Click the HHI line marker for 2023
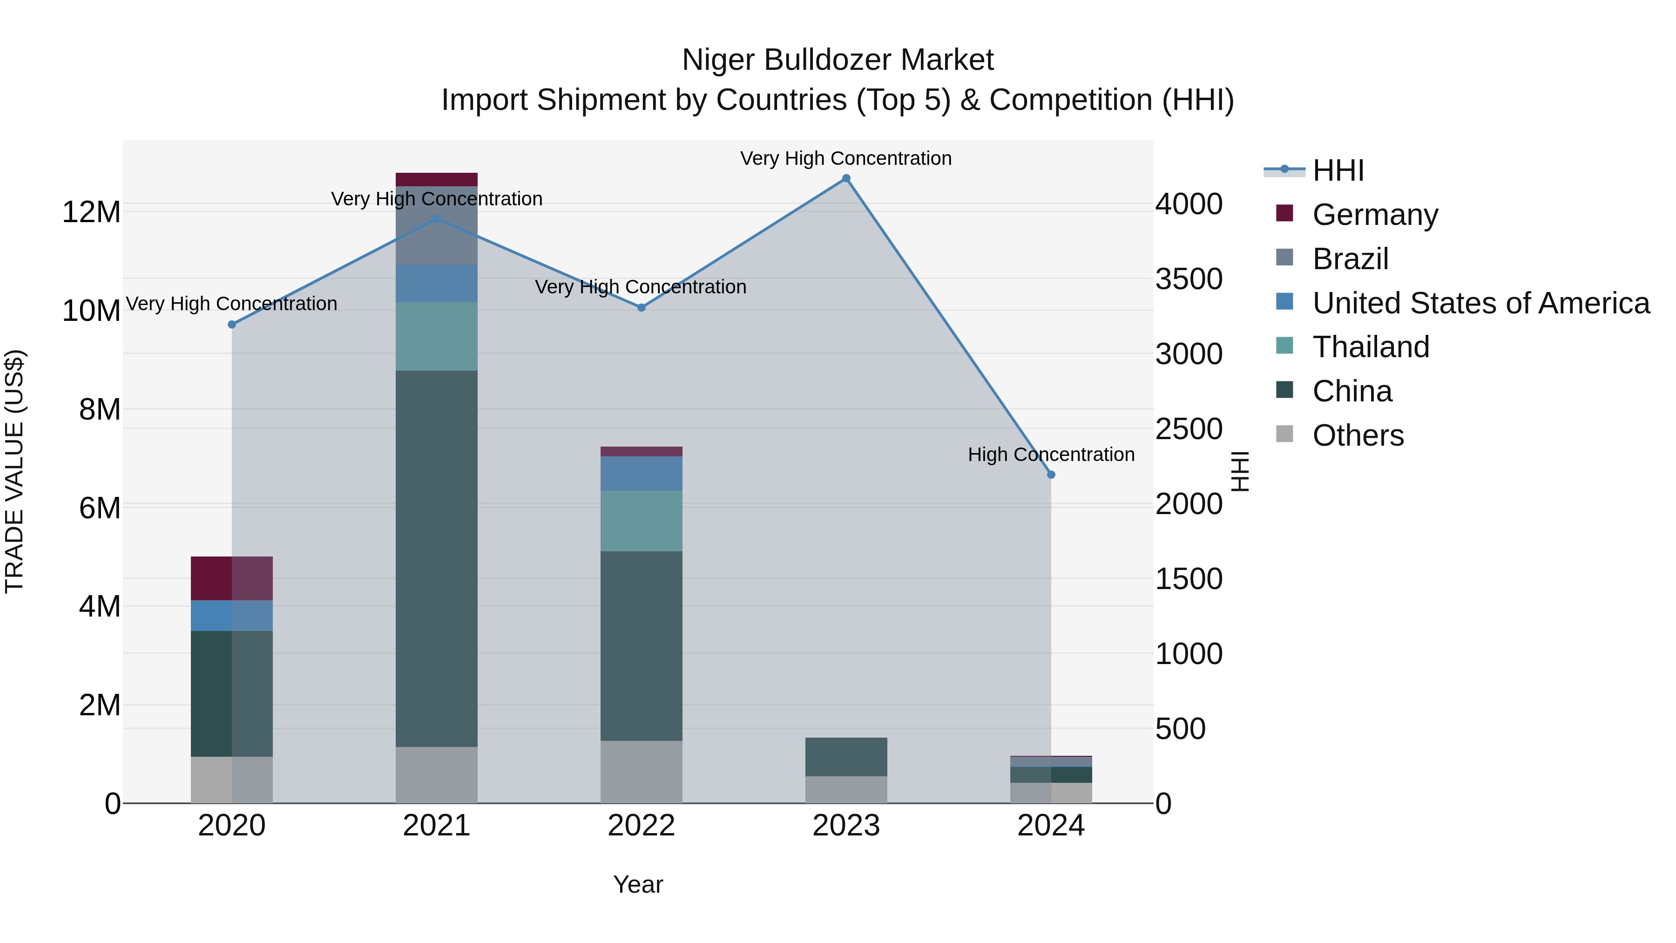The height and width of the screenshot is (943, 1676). pyautogui.click(x=846, y=178)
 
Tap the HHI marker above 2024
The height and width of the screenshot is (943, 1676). pyautogui.click(x=1051, y=475)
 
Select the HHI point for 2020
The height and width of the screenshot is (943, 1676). pyautogui.click(x=232, y=324)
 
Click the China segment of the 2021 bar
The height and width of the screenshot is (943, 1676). pyautogui.click(x=437, y=558)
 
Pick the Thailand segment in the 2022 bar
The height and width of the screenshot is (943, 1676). pyautogui.click(x=641, y=521)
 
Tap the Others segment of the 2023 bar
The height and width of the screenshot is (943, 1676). pyautogui.click(x=846, y=789)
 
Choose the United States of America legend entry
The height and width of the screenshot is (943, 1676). pyautogui.click(x=1480, y=303)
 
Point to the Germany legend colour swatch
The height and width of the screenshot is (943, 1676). pyautogui.click(x=1284, y=213)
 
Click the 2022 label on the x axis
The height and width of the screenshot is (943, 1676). pyautogui.click(x=641, y=826)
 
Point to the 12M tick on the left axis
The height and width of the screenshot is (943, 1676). pyautogui.click(x=91, y=212)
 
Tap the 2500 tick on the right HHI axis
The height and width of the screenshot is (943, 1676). pyautogui.click(x=1188, y=429)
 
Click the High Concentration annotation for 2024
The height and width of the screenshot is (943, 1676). pyautogui.click(x=1051, y=454)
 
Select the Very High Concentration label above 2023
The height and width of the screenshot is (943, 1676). pyautogui.click(x=846, y=158)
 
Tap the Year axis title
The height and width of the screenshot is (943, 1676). pyautogui.click(x=638, y=884)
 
